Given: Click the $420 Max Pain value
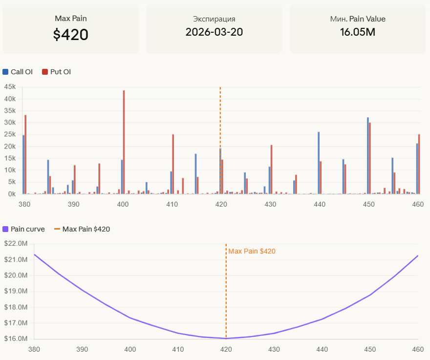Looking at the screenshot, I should click(x=71, y=35).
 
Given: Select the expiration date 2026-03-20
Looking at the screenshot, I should click(x=214, y=32).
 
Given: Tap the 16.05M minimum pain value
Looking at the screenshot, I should click(x=358, y=32).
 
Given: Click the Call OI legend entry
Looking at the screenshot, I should click(x=18, y=72).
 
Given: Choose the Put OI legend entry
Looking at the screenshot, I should click(x=56, y=72).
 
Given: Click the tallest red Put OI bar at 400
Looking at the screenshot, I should click(x=124, y=142).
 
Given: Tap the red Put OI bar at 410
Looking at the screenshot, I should click(x=173, y=164).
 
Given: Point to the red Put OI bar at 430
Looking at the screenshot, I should click(x=271, y=169).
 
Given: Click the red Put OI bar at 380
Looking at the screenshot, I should click(x=25, y=154).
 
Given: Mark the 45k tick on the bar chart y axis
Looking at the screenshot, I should click(x=10, y=87).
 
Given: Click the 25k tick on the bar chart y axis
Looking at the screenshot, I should click(x=10, y=134).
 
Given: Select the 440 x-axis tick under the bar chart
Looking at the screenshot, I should click(x=320, y=204).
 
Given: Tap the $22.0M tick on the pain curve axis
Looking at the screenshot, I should click(x=15, y=244).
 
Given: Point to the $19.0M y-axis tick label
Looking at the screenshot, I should click(x=15, y=291).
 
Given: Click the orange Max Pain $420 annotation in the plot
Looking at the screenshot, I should click(x=252, y=251).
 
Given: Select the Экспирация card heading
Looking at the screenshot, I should click(x=214, y=19).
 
